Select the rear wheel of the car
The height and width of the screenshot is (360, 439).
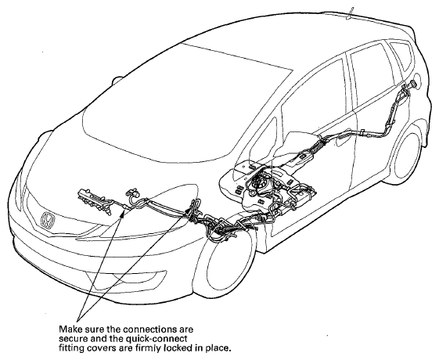tap(409, 157)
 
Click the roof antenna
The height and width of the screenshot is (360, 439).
tap(351, 13)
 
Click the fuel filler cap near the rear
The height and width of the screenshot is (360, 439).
tap(412, 84)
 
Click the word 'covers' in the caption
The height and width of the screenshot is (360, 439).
tap(104, 348)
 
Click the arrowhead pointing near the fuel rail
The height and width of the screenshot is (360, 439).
tap(122, 213)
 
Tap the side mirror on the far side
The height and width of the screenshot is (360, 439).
tap(117, 81)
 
